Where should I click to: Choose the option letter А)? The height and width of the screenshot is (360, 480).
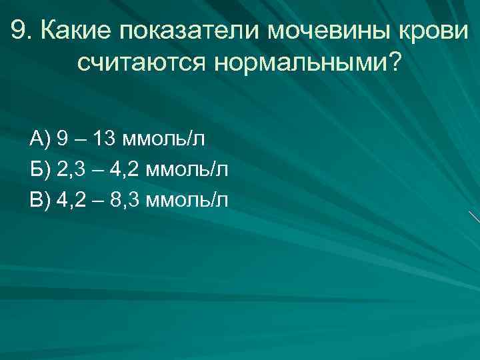click(x=41, y=139)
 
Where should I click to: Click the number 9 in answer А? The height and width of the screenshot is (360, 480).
click(x=62, y=139)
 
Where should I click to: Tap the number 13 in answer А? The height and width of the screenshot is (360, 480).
click(x=104, y=139)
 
